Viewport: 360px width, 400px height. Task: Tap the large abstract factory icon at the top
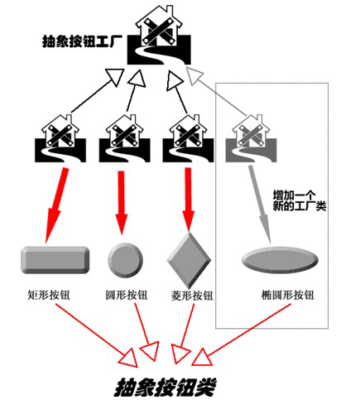(159, 36)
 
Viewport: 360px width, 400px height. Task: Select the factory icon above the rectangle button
(60, 138)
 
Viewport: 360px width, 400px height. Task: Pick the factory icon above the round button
(125, 138)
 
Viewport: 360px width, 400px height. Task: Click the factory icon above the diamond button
(188, 138)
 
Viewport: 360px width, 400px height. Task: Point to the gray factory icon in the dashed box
(251, 138)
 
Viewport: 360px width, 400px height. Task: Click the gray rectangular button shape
(55, 260)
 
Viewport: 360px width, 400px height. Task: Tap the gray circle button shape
(126, 260)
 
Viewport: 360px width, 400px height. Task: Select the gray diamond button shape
(189, 259)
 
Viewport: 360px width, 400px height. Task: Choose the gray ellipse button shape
(280, 260)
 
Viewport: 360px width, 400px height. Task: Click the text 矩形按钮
(49, 295)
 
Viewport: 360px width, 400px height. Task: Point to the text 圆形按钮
(127, 295)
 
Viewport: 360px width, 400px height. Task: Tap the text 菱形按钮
(192, 296)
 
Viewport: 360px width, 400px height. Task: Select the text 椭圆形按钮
(287, 295)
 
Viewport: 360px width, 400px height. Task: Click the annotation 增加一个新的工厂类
(300, 200)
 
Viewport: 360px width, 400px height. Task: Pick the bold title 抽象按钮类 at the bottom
(166, 387)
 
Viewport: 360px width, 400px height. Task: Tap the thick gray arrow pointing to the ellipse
(260, 205)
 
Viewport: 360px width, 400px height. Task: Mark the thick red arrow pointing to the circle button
(122, 203)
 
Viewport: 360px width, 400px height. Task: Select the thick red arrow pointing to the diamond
(189, 200)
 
